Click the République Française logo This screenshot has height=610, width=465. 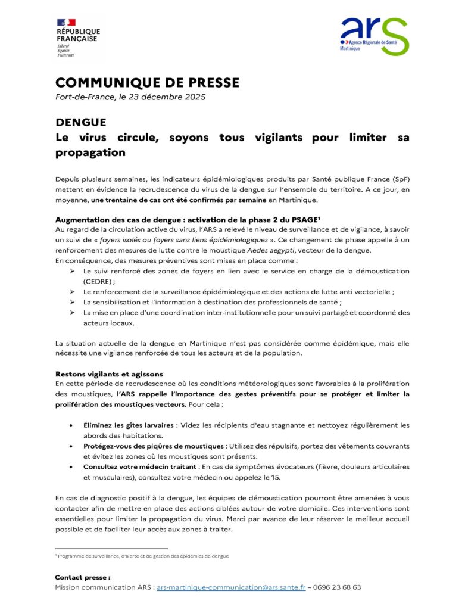tap(77, 37)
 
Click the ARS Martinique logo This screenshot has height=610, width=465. tap(373, 35)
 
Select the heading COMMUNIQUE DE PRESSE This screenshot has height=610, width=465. tap(147, 82)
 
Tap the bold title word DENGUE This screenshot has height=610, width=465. tap(81, 122)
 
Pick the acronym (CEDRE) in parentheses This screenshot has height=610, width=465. tap(98, 281)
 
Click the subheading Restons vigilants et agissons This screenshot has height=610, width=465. tap(109, 374)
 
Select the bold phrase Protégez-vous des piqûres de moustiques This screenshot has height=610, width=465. tap(153, 446)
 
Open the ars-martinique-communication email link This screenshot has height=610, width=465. tap(231, 587)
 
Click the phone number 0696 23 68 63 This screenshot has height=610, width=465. tap(337, 587)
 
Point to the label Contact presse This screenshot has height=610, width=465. tap(82, 577)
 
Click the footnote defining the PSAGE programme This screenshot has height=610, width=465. tap(143, 556)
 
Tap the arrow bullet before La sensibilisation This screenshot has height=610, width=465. tap(71, 302)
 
